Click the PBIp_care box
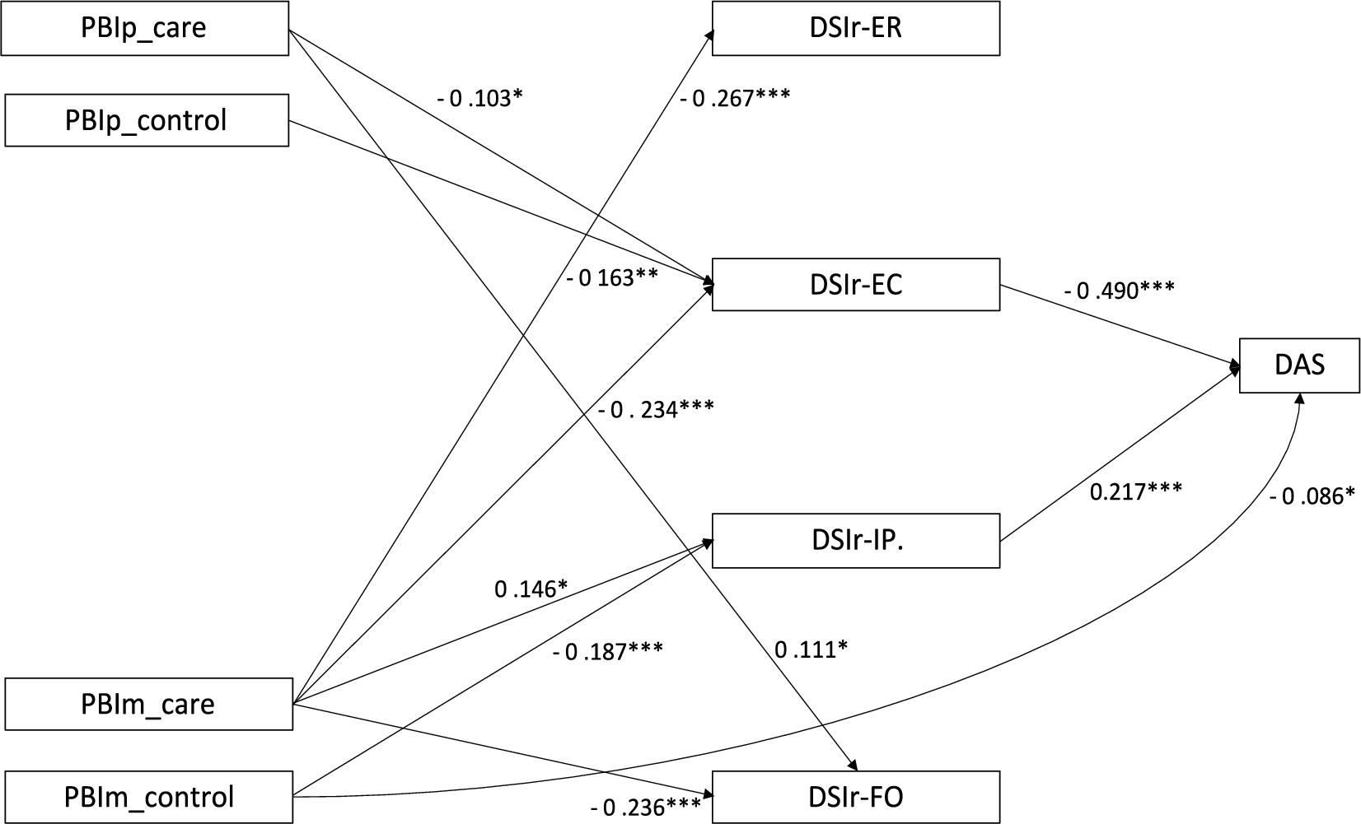pyautogui.click(x=144, y=29)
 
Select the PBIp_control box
pyautogui.click(x=147, y=120)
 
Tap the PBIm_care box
pyautogui.click(x=148, y=704)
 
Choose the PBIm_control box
pyautogui.click(x=149, y=797)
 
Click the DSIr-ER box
pyautogui.click(x=856, y=29)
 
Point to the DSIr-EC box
pyautogui.click(x=856, y=285)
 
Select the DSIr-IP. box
pyautogui.click(x=856, y=541)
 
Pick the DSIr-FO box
pyautogui.click(x=856, y=797)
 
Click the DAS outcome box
pyautogui.click(x=1299, y=364)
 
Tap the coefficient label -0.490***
pyautogui.click(x=1120, y=290)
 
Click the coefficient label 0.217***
pyautogui.click(x=1136, y=491)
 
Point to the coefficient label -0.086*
pyautogui.click(x=1312, y=496)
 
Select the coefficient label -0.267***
pyautogui.click(x=735, y=98)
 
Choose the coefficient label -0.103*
pyautogui.click(x=480, y=98)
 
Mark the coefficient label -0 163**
pyautogui.click(x=612, y=277)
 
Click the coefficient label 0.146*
pyautogui.click(x=531, y=589)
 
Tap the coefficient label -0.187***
pyautogui.click(x=608, y=651)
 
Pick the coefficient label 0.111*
pyautogui.click(x=811, y=650)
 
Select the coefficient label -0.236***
pyautogui.click(x=646, y=808)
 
